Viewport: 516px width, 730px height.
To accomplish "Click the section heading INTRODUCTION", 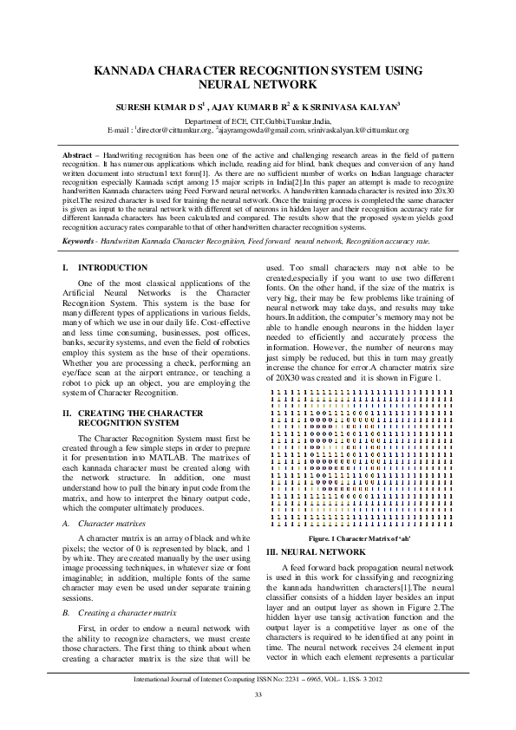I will coord(112,267).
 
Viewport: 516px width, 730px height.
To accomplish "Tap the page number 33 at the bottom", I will coord(258,694).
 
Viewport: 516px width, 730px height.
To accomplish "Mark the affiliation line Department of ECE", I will coord(258,121).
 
